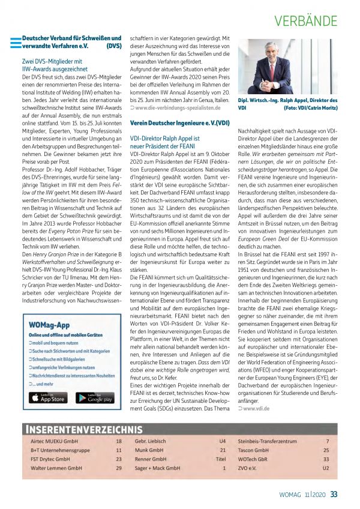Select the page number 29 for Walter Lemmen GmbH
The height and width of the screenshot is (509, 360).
coord(119,467)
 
